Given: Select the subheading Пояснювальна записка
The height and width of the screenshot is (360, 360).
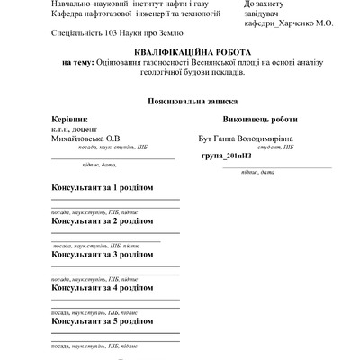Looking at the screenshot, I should (180, 103).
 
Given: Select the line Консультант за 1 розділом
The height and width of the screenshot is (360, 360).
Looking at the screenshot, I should (103, 186).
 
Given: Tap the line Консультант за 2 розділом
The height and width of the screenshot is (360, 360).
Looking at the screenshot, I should (103, 220).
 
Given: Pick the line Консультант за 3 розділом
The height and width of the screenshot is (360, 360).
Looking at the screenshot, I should (103, 255).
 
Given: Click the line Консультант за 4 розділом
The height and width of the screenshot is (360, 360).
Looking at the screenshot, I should (103, 288).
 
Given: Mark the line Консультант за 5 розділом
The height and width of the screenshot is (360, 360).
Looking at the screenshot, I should (103, 321).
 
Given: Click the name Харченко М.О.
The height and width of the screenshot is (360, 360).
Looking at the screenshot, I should (306, 24).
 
